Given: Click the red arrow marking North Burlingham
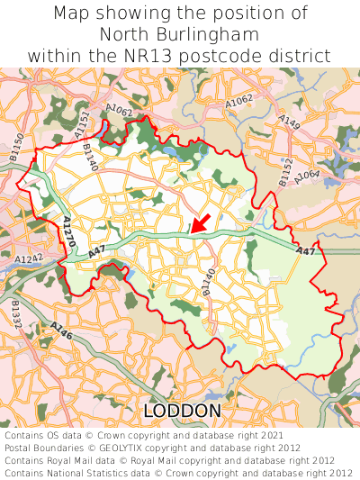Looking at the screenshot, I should point(200,222).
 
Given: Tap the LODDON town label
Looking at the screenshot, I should point(182,412).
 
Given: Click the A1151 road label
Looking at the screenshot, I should point(83,121).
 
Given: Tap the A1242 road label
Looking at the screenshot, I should point(28,259).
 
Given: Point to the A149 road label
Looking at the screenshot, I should point(289,120).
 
